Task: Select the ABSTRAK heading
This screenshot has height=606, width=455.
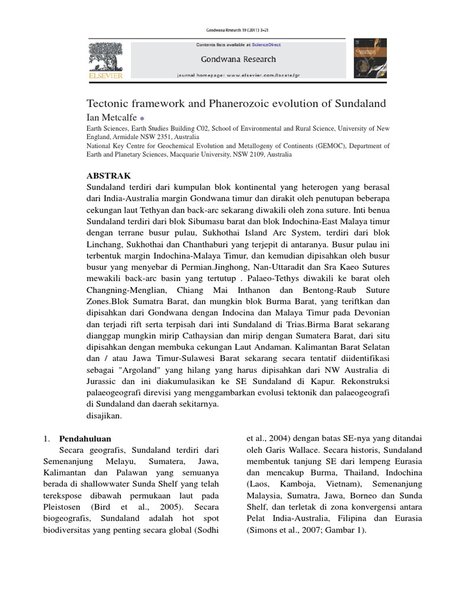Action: coord(109,176)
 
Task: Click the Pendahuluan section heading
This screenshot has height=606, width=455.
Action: coord(84,439)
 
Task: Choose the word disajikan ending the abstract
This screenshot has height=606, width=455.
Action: coord(104,415)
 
